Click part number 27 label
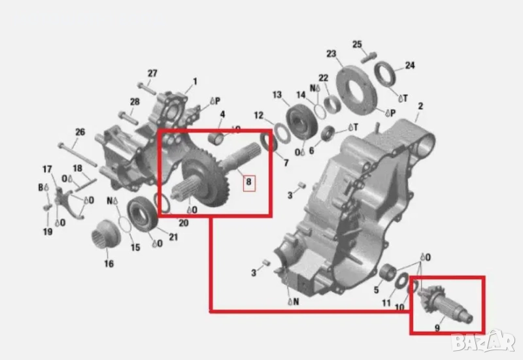[152, 73]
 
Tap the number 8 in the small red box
[248, 182]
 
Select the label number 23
[331, 54]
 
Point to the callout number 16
[109, 264]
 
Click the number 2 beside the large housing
[420, 106]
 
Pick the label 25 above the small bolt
[357, 44]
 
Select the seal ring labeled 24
[385, 76]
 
